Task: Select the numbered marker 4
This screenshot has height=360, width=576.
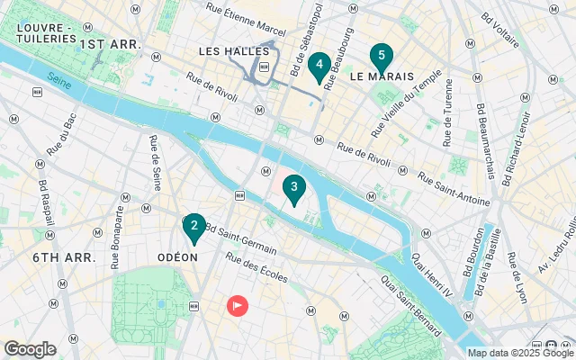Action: [319, 66]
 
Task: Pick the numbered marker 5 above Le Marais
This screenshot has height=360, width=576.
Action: [381, 58]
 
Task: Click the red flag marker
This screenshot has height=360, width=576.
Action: [238, 306]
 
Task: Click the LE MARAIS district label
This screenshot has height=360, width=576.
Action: [382, 77]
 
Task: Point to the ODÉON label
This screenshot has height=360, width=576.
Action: [177, 256]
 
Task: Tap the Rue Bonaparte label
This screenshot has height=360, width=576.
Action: [116, 238]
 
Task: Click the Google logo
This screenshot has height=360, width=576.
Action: [31, 349]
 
